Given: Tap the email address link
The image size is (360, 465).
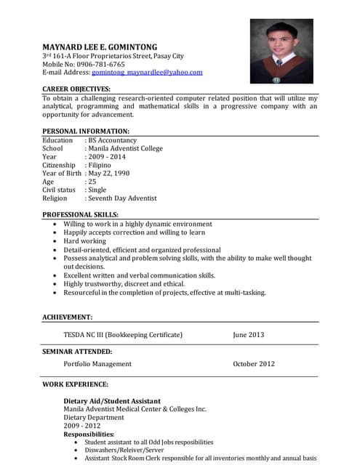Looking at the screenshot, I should click(x=147, y=73).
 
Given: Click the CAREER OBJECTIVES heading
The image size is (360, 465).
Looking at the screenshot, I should click(x=76, y=89).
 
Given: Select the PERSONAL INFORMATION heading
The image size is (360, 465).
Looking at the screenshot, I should click(x=86, y=132).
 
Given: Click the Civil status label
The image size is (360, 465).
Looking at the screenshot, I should click(x=59, y=190).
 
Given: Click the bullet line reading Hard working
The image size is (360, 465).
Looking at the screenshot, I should click(x=84, y=241).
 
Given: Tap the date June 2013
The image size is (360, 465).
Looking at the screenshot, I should click(x=249, y=335).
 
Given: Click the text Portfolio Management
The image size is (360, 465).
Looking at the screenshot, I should click(x=97, y=364).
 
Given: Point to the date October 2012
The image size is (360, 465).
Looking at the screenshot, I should click(x=254, y=364).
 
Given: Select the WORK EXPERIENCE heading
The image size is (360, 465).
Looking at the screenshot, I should click(x=75, y=384).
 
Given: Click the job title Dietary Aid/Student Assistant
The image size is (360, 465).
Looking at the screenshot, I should click(x=112, y=401).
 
